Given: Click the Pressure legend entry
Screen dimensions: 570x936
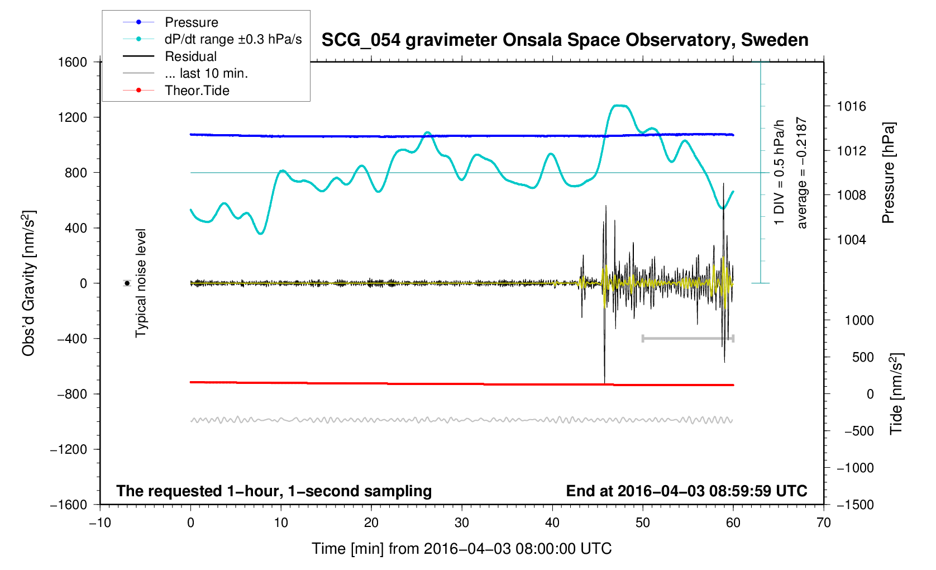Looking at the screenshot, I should coord(191,22).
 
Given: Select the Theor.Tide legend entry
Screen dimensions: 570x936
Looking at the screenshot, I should coord(197,91).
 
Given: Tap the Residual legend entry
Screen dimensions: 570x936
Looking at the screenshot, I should coord(190,56).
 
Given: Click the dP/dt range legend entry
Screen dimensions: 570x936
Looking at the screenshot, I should coord(233,39).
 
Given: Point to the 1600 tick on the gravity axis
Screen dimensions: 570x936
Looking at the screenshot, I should coord(73,62).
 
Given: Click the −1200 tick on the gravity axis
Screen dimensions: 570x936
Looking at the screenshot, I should coord(69,449).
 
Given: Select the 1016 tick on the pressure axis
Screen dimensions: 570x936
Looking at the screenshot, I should coord(852,106).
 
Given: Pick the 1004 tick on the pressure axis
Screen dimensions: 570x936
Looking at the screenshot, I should coord(852,240).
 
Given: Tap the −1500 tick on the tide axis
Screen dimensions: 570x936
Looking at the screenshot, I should coord(854,505).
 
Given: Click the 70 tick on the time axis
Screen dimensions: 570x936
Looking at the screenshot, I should coord(823,522).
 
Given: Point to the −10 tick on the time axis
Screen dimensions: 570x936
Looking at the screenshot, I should coord(100,522).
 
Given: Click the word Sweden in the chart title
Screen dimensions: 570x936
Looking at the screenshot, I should coord(775,40).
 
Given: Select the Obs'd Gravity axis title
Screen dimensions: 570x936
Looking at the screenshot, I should coord(28,283).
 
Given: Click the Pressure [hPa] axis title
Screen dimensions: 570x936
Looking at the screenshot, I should coord(888,173).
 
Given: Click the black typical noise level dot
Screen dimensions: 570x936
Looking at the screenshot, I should coord(127,283).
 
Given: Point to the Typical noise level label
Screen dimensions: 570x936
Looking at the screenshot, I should coord(141,283).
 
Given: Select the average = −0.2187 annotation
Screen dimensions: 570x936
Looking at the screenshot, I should coord(802,173).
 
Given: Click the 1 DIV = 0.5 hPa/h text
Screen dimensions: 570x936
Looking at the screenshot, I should coord(779,173).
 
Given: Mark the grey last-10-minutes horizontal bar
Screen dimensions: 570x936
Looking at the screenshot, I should coord(687,338).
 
